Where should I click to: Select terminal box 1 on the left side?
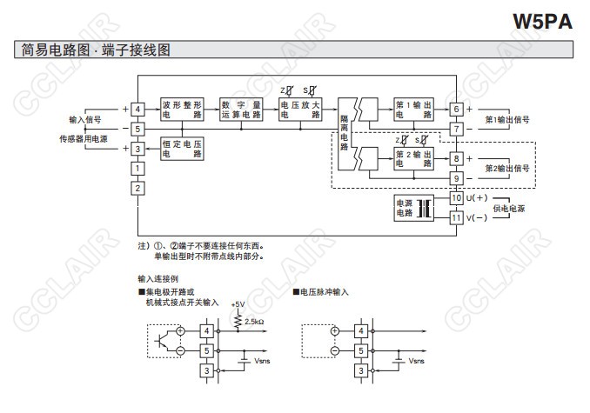137,168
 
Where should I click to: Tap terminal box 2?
137,189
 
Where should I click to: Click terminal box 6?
455,109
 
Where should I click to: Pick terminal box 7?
455,129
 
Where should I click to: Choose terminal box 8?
455,158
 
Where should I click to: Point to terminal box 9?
455,178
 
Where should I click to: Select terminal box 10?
455,198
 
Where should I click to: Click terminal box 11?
455,217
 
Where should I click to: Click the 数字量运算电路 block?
240,109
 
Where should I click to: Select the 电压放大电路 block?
299,109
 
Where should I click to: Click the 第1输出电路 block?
413,109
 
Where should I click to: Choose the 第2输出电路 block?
413,158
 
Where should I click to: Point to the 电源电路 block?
406,208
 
